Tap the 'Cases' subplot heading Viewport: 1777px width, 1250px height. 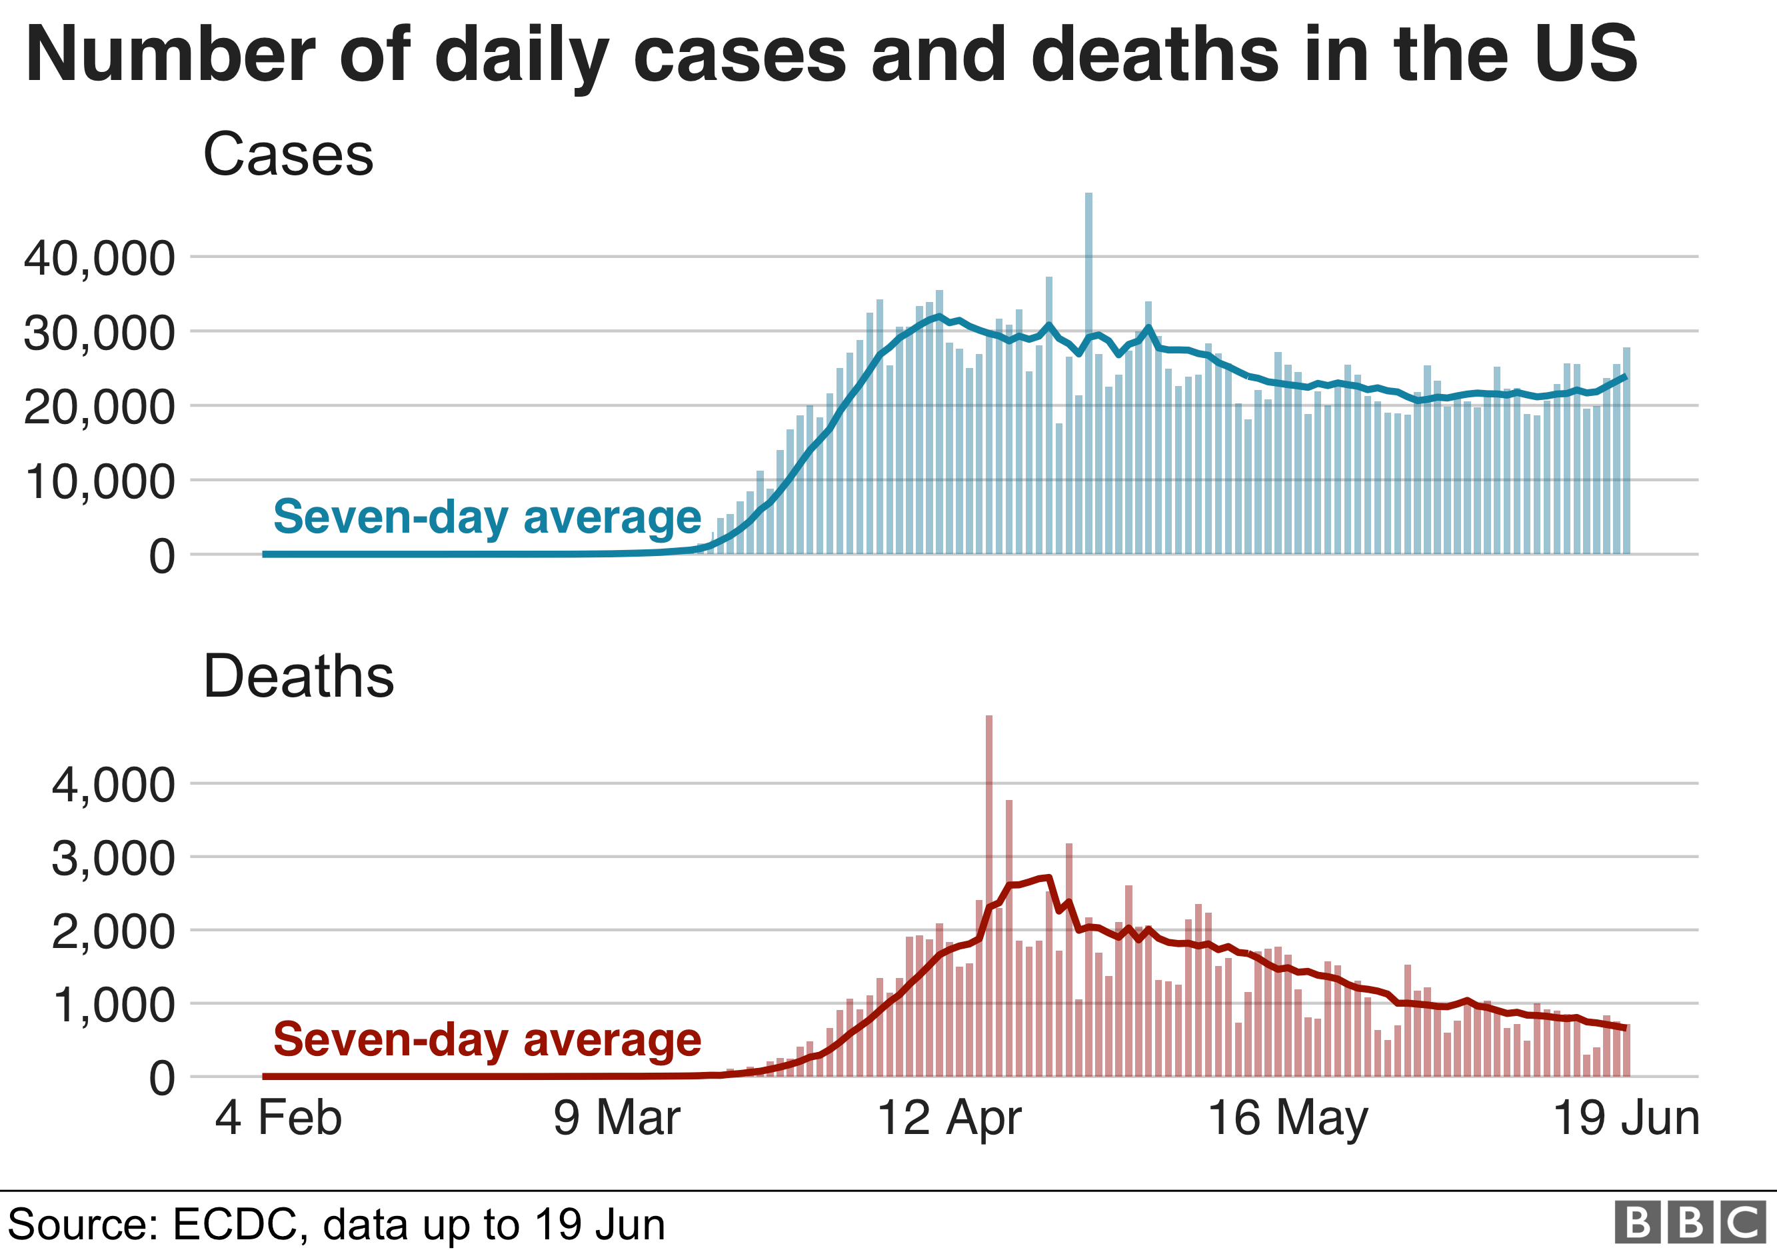click(x=288, y=154)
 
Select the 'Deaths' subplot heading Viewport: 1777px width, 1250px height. click(x=298, y=677)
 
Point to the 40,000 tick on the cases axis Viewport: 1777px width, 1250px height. click(x=100, y=259)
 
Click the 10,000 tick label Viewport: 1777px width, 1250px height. click(x=100, y=482)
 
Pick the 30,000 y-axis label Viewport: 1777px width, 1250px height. click(x=100, y=333)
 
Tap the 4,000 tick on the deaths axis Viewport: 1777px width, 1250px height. click(x=114, y=785)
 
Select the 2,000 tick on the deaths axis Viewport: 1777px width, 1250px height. click(x=114, y=932)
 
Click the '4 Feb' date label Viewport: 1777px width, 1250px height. click(x=278, y=1119)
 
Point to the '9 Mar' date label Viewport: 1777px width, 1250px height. click(x=617, y=1119)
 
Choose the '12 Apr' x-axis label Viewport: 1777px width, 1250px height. click(x=949, y=1119)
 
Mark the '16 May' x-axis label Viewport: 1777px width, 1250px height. click(x=1287, y=1119)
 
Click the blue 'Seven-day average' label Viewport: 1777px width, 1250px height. click(x=487, y=517)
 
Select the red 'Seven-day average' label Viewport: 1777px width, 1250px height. click(x=487, y=1039)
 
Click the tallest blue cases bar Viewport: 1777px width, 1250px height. click(x=1088, y=371)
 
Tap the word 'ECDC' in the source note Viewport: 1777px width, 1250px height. click(x=235, y=1225)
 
